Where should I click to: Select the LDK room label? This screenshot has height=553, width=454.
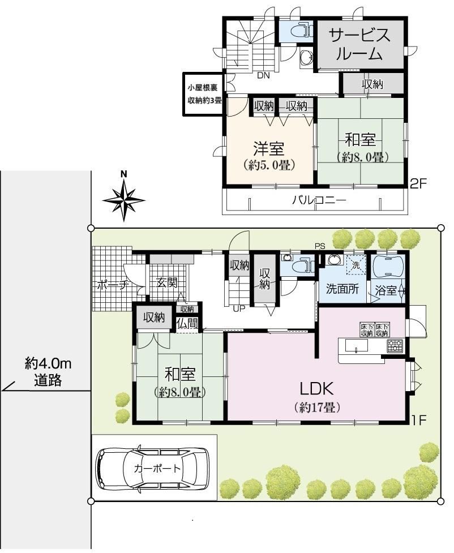point(316,389)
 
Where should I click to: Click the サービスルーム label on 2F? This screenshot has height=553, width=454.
point(360,45)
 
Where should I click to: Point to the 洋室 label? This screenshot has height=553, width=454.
point(269,149)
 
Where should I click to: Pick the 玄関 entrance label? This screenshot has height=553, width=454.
point(167,282)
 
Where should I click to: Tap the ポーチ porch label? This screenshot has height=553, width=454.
point(112,285)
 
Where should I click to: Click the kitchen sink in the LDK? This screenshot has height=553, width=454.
point(356,346)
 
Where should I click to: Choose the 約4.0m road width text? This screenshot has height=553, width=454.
point(48,363)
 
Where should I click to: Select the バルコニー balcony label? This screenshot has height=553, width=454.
point(319,200)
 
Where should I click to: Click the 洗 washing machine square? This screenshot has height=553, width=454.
point(356,264)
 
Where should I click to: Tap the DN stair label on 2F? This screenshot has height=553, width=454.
point(263,75)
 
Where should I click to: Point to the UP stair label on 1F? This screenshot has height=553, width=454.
point(239,309)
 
